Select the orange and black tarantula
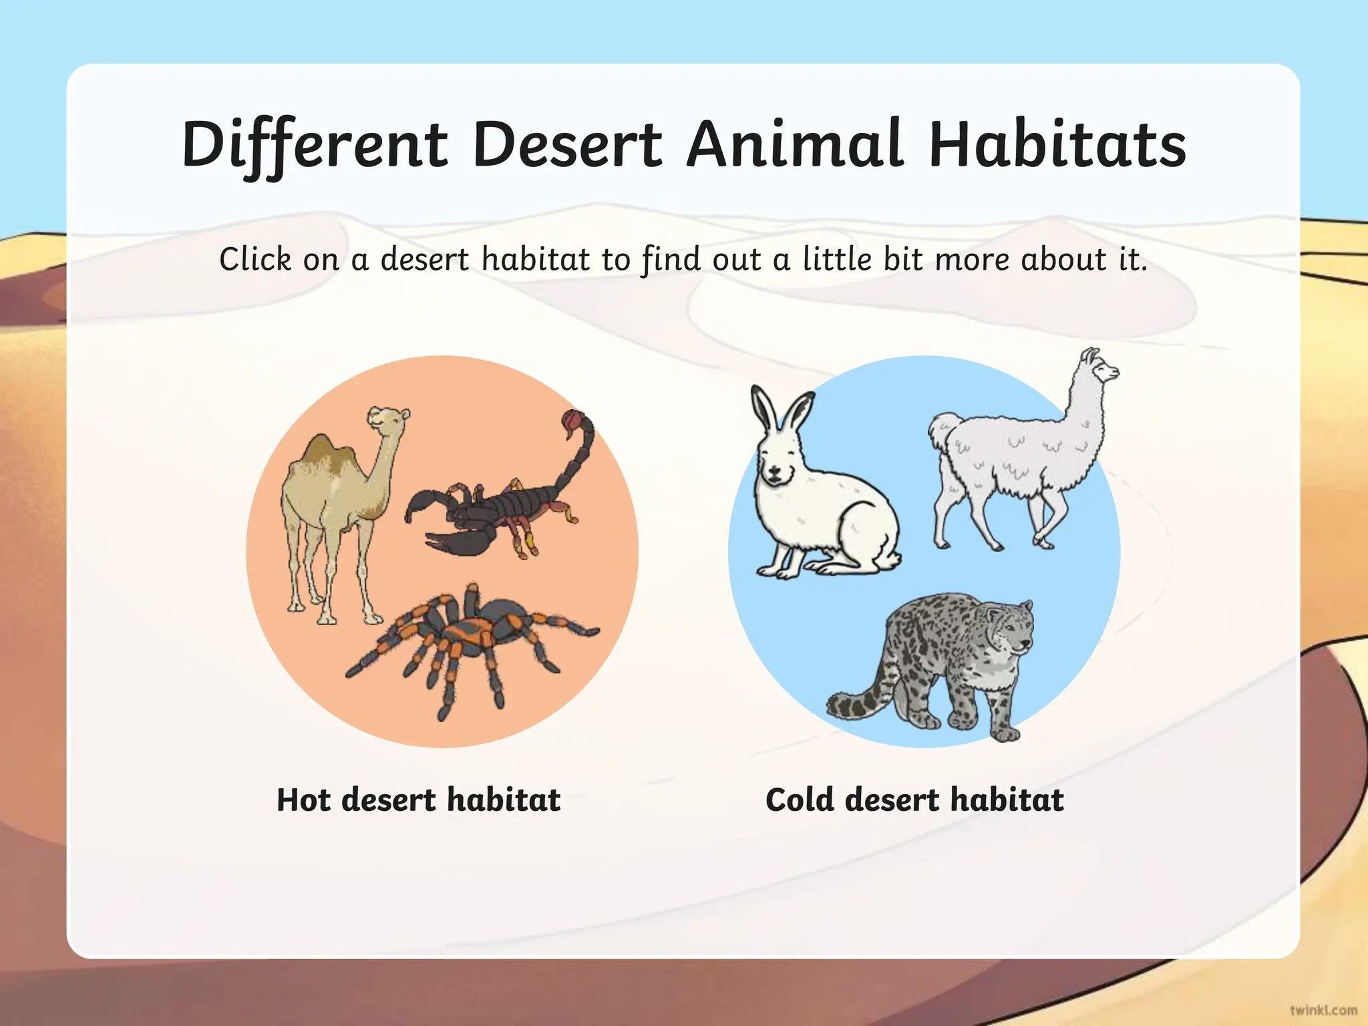468,641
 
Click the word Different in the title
314,145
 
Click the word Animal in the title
795,145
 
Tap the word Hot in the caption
303,800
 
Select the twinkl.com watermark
1323,1010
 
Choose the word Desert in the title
567,145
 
